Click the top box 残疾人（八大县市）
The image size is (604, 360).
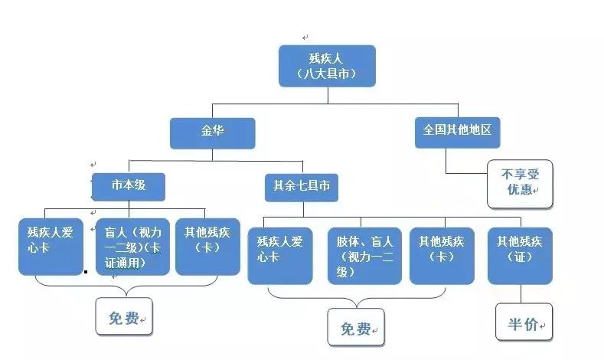[x=327, y=66]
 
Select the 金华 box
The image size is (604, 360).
[x=212, y=132]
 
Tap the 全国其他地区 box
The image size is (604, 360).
[x=457, y=132]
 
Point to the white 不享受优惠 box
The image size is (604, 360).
[x=521, y=183]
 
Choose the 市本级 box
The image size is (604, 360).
[x=128, y=186]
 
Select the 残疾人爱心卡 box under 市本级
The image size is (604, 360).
[x=51, y=246]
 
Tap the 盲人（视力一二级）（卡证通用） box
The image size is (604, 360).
[x=131, y=246]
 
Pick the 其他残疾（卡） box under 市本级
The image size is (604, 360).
[x=207, y=246]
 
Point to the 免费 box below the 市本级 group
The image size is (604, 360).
[x=123, y=316]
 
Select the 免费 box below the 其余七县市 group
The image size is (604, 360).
[x=356, y=328]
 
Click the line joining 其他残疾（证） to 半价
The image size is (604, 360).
[x=521, y=294]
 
